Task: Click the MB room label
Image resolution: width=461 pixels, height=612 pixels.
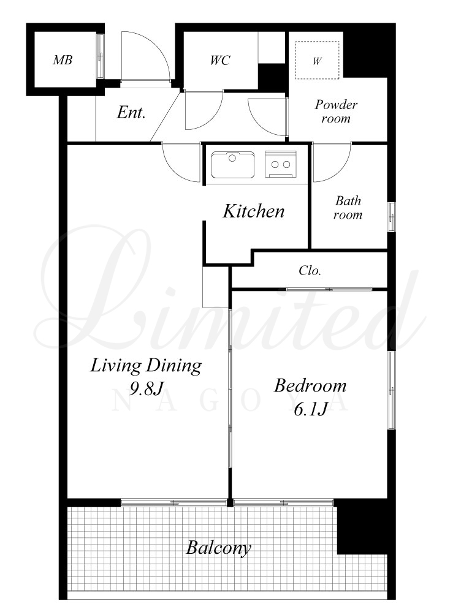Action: pyautogui.click(x=63, y=60)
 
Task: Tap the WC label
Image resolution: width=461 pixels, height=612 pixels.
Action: pyautogui.click(x=220, y=60)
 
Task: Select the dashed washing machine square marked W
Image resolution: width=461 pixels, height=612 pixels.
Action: pyautogui.click(x=317, y=60)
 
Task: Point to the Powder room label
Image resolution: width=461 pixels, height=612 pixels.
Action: pyautogui.click(x=336, y=111)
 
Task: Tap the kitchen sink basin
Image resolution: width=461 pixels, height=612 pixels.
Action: pyautogui.click(x=233, y=165)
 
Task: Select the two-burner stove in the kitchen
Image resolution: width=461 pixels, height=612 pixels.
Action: pyautogui.click(x=281, y=164)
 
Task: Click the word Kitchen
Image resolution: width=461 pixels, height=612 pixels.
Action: pyautogui.click(x=254, y=211)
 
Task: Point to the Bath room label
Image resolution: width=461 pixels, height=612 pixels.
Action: pyautogui.click(x=348, y=208)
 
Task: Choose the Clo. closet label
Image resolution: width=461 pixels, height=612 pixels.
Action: pyautogui.click(x=310, y=271)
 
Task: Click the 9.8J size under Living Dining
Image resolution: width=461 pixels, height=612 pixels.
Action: pyautogui.click(x=146, y=388)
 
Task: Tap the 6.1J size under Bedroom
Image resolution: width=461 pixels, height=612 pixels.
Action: pyautogui.click(x=310, y=409)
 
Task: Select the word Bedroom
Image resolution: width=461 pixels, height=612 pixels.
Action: pyautogui.click(x=310, y=385)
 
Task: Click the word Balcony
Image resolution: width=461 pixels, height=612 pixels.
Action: pyautogui.click(x=218, y=548)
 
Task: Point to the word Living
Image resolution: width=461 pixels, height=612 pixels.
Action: pyautogui.click(x=116, y=366)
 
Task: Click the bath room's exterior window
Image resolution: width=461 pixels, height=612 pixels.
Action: pyautogui.click(x=391, y=217)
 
